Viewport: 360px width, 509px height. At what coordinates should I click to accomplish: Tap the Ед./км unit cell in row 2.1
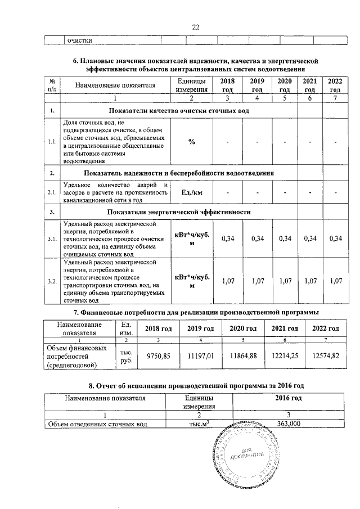click(192, 192)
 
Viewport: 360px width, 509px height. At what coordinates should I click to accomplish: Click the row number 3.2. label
click(52, 281)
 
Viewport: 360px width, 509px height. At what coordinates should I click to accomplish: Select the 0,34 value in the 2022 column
click(335, 239)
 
